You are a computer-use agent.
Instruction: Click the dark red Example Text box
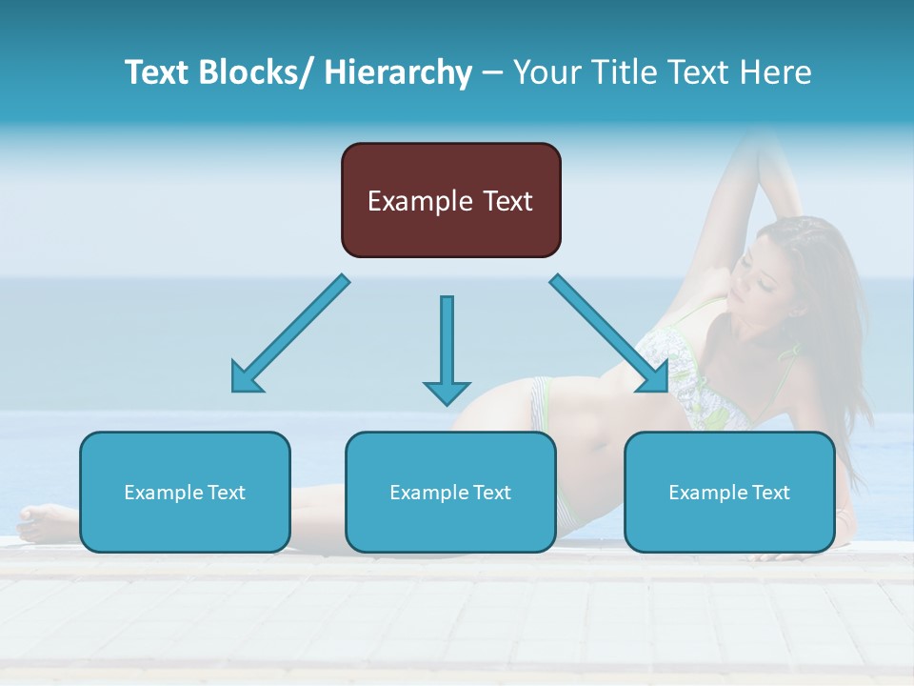coord(450,200)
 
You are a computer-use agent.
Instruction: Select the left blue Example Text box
coord(185,492)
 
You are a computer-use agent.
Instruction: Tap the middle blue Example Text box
coord(450,492)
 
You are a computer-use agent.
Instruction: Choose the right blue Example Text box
coord(729,492)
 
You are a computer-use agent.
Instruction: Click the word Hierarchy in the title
coord(398,72)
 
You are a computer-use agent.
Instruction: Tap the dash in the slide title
coord(492,72)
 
